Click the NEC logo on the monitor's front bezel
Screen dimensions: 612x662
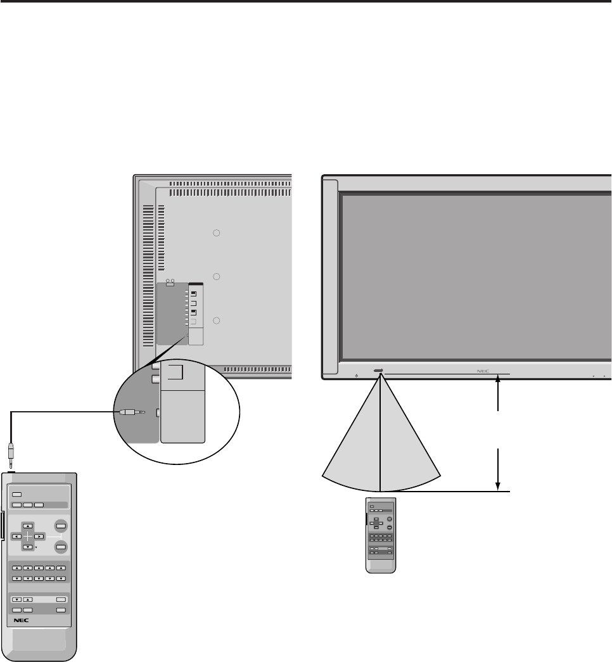pos(483,372)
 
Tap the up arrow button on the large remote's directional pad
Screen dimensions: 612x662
pos(28,526)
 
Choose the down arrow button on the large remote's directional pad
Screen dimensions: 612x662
pos(28,546)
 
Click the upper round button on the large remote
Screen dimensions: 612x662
pos(61,525)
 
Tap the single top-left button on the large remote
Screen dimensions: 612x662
pos(17,494)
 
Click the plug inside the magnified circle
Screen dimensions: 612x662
pos(129,412)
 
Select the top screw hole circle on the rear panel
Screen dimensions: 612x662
pos(216,233)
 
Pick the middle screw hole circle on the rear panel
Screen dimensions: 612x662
pos(216,277)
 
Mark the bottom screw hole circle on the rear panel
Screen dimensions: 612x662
pos(216,321)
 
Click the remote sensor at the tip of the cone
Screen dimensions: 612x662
pos(379,372)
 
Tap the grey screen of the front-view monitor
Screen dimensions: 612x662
pos(475,276)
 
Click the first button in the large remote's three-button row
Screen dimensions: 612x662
pos(16,505)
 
